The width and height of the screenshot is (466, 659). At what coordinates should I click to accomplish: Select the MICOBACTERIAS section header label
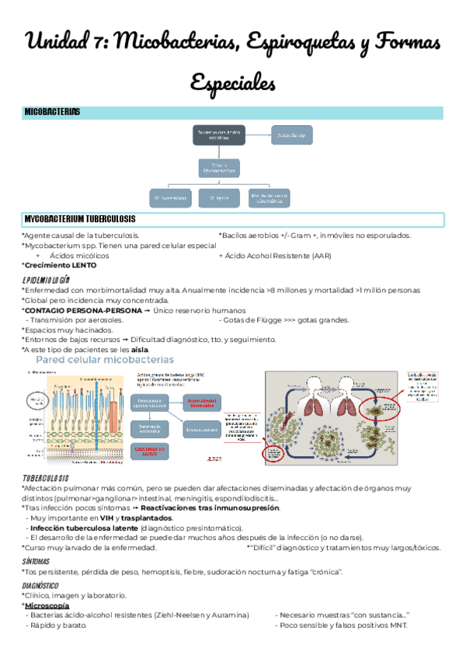52,113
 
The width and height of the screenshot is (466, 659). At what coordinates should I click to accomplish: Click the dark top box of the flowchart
226,135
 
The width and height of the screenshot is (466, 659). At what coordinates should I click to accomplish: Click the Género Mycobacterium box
226,166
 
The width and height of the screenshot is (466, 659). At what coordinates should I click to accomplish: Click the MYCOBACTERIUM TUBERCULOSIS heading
80,219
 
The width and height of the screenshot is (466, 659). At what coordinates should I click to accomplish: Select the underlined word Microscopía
48,605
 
